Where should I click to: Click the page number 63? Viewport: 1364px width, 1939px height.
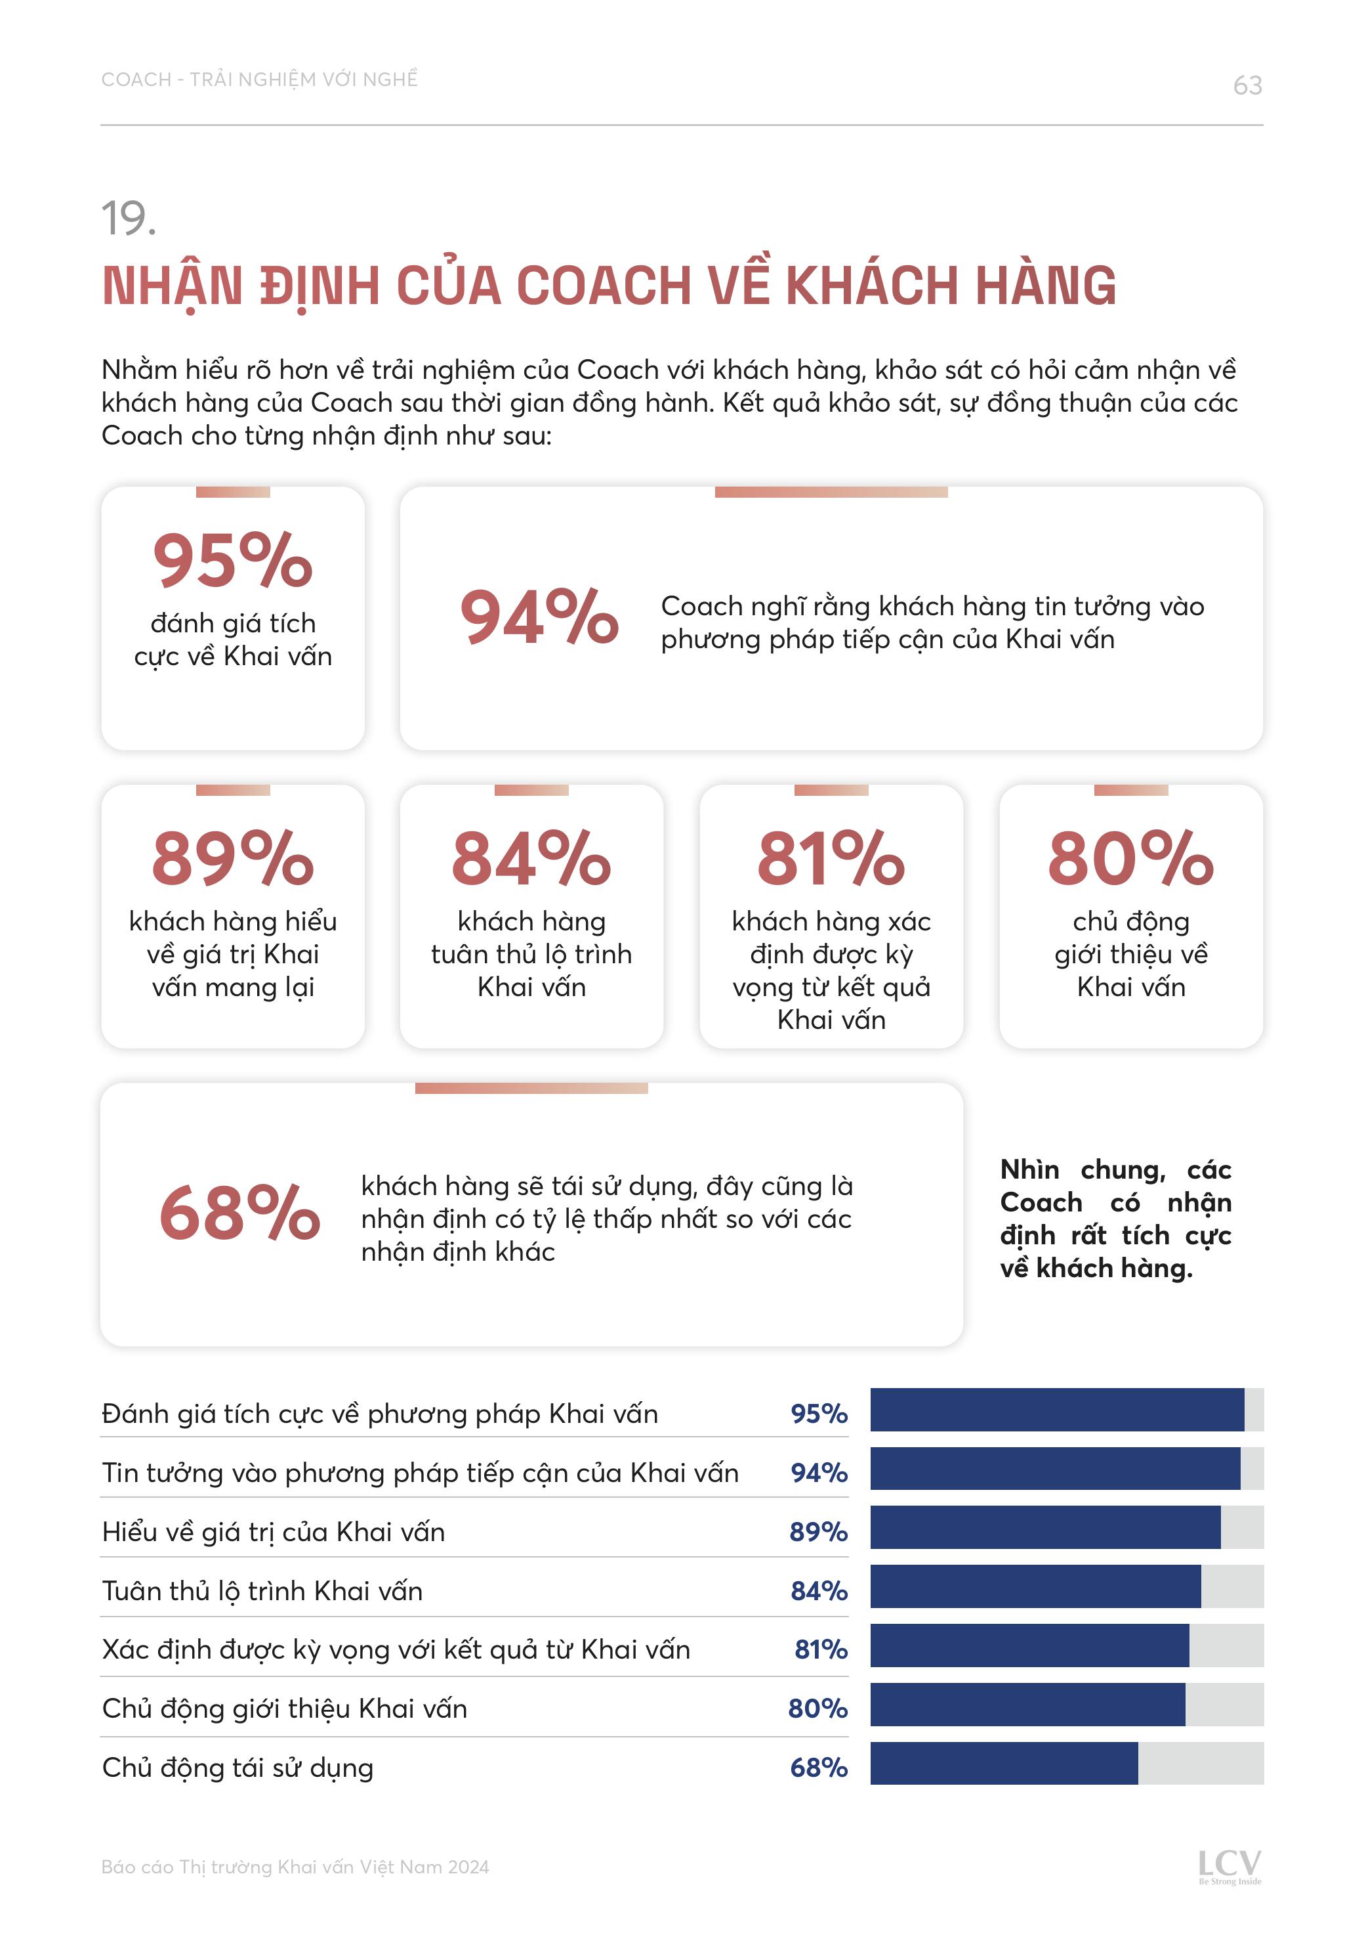(1247, 85)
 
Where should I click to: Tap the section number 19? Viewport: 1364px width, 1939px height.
(129, 219)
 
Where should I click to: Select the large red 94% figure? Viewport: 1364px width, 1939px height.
(539, 617)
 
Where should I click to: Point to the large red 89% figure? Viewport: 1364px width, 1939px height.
(233, 858)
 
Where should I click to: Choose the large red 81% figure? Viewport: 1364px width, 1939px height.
(831, 858)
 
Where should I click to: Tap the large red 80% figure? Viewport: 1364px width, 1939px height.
(1130, 858)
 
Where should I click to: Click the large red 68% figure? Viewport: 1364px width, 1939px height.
(239, 1213)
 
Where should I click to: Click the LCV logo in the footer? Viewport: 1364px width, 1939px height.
(1229, 1865)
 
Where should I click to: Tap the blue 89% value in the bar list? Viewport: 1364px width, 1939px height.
(818, 1532)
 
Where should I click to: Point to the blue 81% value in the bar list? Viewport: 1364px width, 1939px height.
(820, 1649)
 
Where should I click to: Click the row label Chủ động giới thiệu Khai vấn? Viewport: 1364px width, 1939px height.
(285, 1709)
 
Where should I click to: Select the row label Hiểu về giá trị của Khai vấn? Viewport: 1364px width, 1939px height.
(274, 1532)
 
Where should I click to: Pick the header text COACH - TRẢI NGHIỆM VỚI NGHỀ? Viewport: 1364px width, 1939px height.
(260, 80)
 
